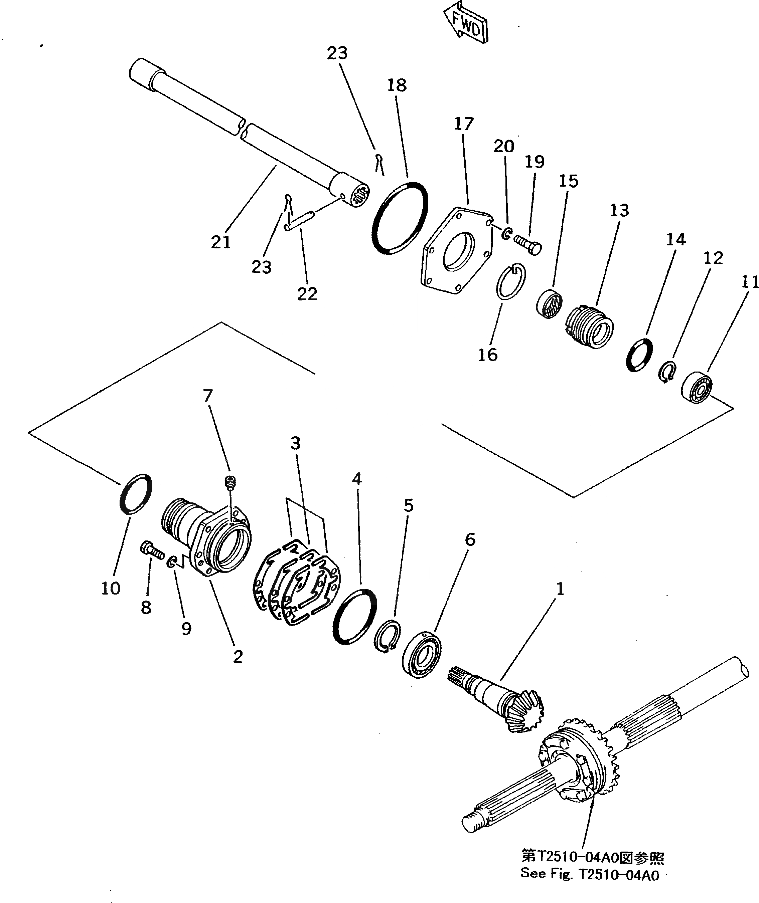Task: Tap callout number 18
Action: coord(396,85)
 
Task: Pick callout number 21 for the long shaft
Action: coord(221,242)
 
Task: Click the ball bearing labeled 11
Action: coord(697,386)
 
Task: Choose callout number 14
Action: coord(675,239)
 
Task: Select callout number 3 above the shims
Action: coord(295,443)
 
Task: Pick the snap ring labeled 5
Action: coord(387,636)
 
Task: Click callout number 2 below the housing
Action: coord(238,657)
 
